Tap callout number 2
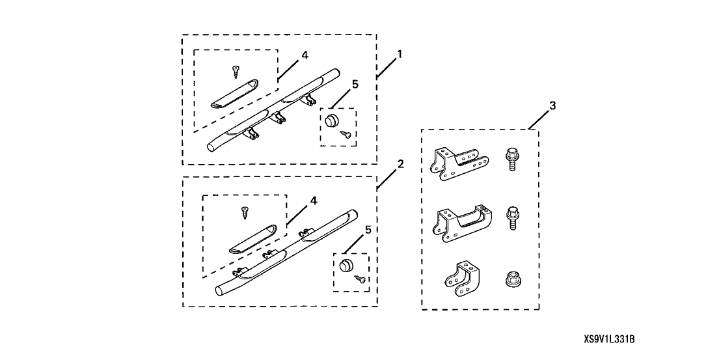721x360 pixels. click(x=400, y=163)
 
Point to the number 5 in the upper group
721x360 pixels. click(x=354, y=84)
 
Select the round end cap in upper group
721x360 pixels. click(x=333, y=120)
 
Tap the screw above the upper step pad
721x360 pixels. click(x=234, y=70)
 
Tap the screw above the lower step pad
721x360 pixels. click(x=245, y=212)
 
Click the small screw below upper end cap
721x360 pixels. click(x=347, y=133)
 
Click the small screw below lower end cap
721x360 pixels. click(x=359, y=280)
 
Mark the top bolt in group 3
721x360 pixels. click(x=511, y=158)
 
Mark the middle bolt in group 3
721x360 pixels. click(x=511, y=217)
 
